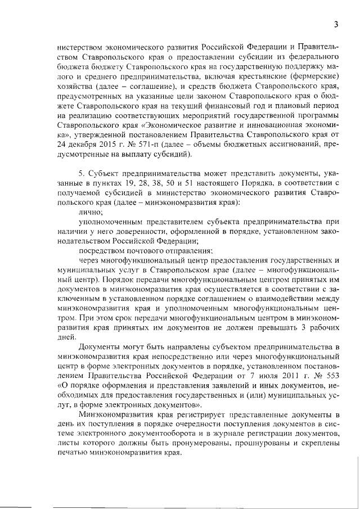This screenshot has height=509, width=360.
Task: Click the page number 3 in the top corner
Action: coord(335,24)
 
